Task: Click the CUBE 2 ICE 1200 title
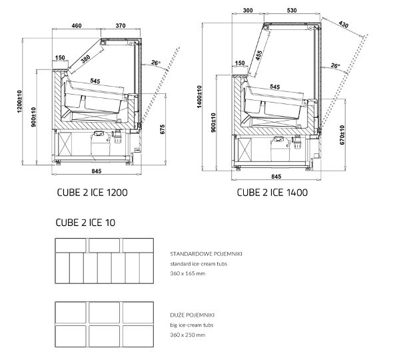[x=92, y=193]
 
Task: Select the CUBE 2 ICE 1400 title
[x=272, y=193]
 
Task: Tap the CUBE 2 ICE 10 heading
[x=85, y=223]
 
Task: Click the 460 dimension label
[x=77, y=25]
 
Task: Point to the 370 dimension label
[x=121, y=25]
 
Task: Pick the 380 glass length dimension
[x=85, y=59]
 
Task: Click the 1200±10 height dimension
[x=19, y=101]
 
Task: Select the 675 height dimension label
[x=163, y=129]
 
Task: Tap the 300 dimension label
[x=248, y=11]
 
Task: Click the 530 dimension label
[x=292, y=11]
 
